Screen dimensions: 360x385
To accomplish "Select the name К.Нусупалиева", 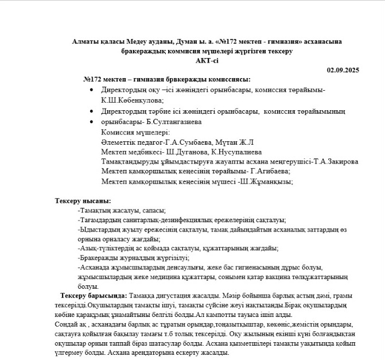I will click(235, 152).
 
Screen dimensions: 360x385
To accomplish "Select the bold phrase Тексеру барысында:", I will click(94, 295).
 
